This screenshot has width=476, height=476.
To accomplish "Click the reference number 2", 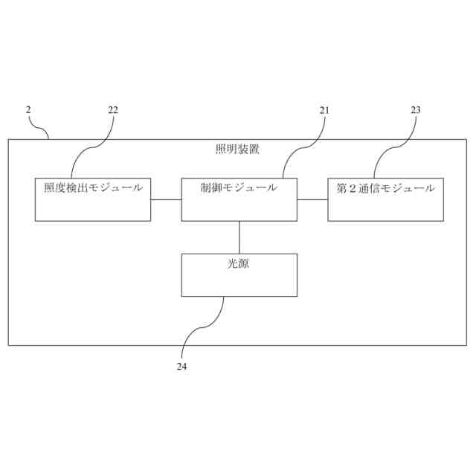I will pos(28,110).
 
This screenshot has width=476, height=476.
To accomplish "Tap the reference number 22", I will pos(113,110).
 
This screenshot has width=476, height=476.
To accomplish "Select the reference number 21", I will pos(324,110).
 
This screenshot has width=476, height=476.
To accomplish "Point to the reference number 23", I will pos(415,110).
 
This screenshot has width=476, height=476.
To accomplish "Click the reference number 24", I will pos(181,366).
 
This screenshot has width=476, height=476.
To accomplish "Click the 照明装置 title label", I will pos(237,149).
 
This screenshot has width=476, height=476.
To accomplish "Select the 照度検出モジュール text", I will pos(93,188).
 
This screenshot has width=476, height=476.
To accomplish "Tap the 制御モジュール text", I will pos(239,188).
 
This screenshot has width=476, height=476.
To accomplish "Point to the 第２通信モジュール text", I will pos(385,188).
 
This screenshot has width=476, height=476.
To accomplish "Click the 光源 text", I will pos(239,263).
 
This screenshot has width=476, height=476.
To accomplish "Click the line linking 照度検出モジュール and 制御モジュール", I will pos(166,199).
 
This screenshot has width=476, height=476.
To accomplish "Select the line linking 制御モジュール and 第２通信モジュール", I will pos(312,199).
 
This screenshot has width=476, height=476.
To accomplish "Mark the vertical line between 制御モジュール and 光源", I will pos(239,237).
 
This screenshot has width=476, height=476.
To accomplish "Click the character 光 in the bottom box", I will pos(233,263).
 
